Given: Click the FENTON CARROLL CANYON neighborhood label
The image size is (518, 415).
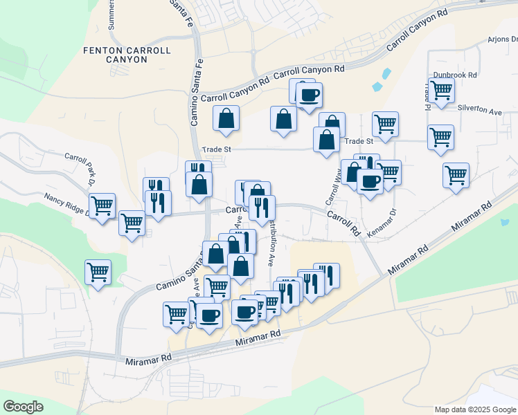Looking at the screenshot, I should tap(115, 55).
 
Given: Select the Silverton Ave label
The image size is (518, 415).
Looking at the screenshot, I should tap(480, 111).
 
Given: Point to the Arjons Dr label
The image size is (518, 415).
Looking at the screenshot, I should tap(502, 39).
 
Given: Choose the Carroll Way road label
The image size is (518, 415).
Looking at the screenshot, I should tap(332, 190).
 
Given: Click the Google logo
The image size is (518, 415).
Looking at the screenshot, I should tap(23, 407).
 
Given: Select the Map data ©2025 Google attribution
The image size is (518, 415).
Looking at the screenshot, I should tap(474, 409).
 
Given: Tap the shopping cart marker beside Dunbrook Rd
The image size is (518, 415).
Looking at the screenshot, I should tap(440, 89).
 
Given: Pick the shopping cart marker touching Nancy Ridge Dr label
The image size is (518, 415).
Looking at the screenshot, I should tap(102, 205).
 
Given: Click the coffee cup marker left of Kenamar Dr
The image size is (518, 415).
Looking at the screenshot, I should tap(370, 181).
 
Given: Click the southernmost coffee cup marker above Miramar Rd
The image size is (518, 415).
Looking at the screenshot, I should tap(209, 315).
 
